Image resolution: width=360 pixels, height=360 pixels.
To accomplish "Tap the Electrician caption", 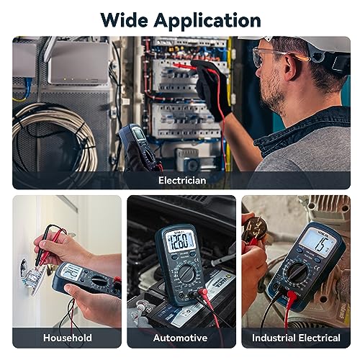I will click(x=181, y=180).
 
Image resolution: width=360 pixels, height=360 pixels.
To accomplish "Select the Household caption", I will click(x=67, y=337).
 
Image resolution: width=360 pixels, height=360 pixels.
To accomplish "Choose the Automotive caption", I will click(x=180, y=337).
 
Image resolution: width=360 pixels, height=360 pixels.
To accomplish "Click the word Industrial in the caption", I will click(x=275, y=337).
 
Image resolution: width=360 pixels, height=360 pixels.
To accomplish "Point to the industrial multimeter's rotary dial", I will click(x=297, y=271).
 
